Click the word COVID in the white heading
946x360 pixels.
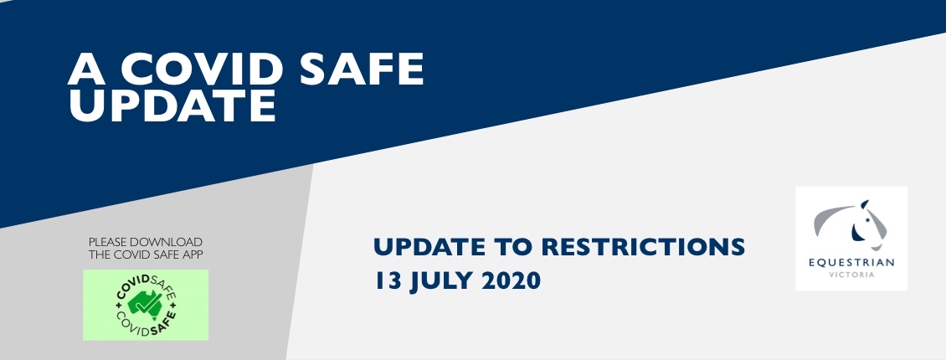(x=202, y=69)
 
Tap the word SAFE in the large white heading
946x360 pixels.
(x=362, y=69)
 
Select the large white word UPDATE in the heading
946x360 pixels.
(x=172, y=105)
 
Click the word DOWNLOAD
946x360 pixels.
(x=167, y=243)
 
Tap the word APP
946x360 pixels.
(x=193, y=255)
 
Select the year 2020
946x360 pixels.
(x=511, y=281)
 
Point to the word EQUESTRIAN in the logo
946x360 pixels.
(x=851, y=262)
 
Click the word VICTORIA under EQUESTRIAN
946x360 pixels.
(x=851, y=275)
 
